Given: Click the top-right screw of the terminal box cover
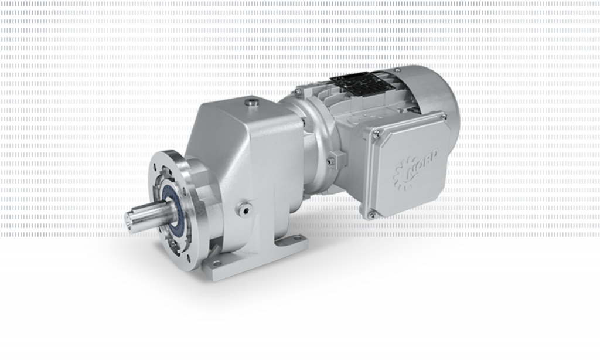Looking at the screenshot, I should pyautogui.click(x=444, y=117).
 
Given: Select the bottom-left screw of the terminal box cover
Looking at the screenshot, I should pyautogui.click(x=370, y=215).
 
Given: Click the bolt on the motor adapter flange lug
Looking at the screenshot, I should pyautogui.click(x=331, y=159).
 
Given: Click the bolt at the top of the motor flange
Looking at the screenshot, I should pyautogui.click(x=298, y=92).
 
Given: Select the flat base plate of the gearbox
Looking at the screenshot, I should pyautogui.click(x=258, y=258).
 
